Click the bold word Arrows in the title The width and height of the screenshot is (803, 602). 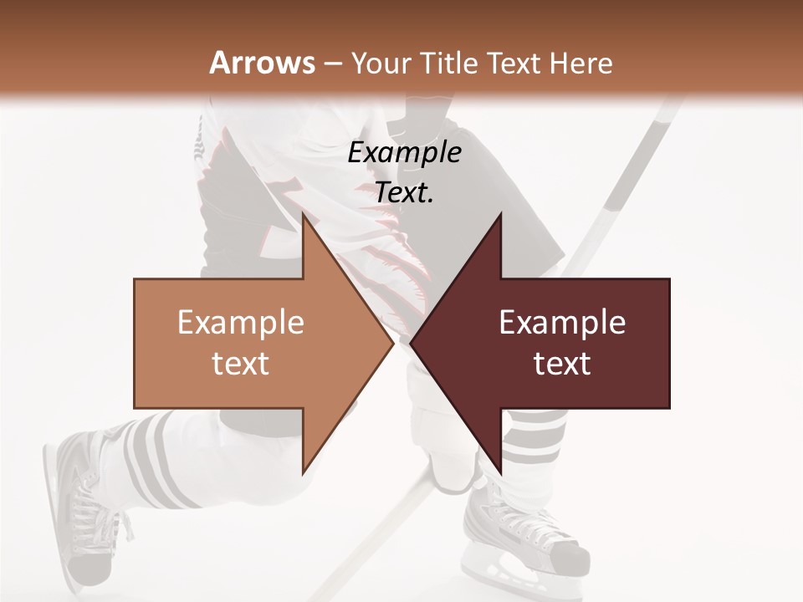click(262, 63)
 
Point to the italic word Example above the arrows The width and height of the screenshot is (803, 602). click(404, 153)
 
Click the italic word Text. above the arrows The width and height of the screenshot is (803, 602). click(404, 193)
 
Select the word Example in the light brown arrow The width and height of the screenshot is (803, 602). click(240, 323)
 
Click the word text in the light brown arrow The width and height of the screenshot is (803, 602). click(240, 363)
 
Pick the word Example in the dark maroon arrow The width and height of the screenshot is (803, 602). click(562, 323)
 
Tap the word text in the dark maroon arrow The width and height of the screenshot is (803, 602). click(562, 363)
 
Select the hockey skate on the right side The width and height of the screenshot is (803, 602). click(519, 527)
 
